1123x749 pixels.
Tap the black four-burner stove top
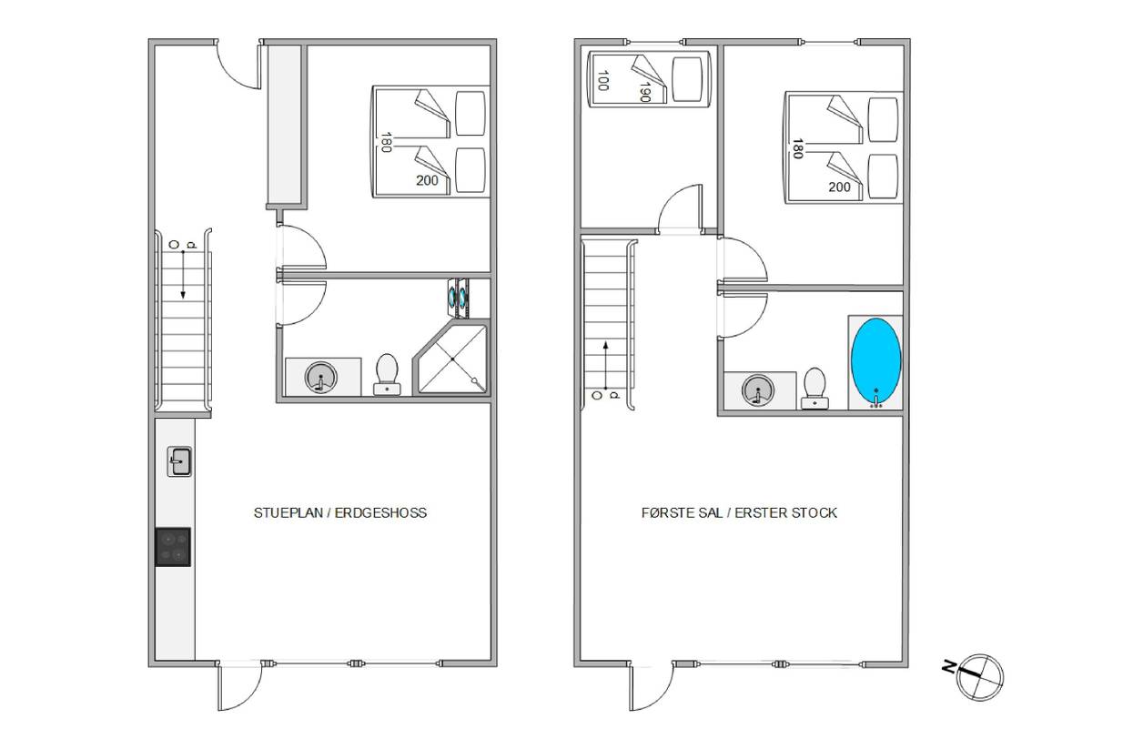click(x=173, y=547)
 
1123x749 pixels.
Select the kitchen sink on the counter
click(x=179, y=461)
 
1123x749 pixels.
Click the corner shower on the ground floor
click(x=451, y=358)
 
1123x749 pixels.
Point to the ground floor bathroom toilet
click(x=387, y=375)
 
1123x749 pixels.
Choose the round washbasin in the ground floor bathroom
click(x=321, y=377)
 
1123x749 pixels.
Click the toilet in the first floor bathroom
click(x=814, y=388)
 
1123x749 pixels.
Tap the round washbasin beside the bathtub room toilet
click(x=758, y=390)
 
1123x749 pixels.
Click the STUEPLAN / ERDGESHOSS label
click(x=340, y=513)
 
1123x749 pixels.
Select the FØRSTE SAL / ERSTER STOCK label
click(x=740, y=513)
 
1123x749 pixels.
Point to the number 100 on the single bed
click(x=603, y=81)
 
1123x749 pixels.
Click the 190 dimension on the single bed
click(x=645, y=91)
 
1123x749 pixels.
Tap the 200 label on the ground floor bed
click(x=427, y=180)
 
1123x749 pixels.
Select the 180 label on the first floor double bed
click(x=797, y=149)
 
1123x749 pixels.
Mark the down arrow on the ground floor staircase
click(x=183, y=275)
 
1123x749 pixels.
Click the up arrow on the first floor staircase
click(x=605, y=366)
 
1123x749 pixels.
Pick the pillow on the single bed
click(x=686, y=79)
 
